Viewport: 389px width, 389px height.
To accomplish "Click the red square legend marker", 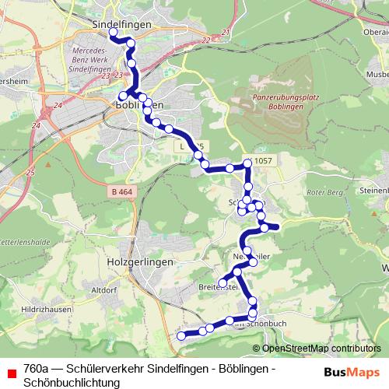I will (x=11, y=373).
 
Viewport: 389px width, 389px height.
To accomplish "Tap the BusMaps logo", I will (x=352, y=372).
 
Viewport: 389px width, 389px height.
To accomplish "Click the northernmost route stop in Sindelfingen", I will (x=113, y=33).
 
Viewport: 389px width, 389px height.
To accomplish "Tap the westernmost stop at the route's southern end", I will (x=181, y=335).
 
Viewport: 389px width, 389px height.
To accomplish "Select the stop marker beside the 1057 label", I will (x=248, y=163).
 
